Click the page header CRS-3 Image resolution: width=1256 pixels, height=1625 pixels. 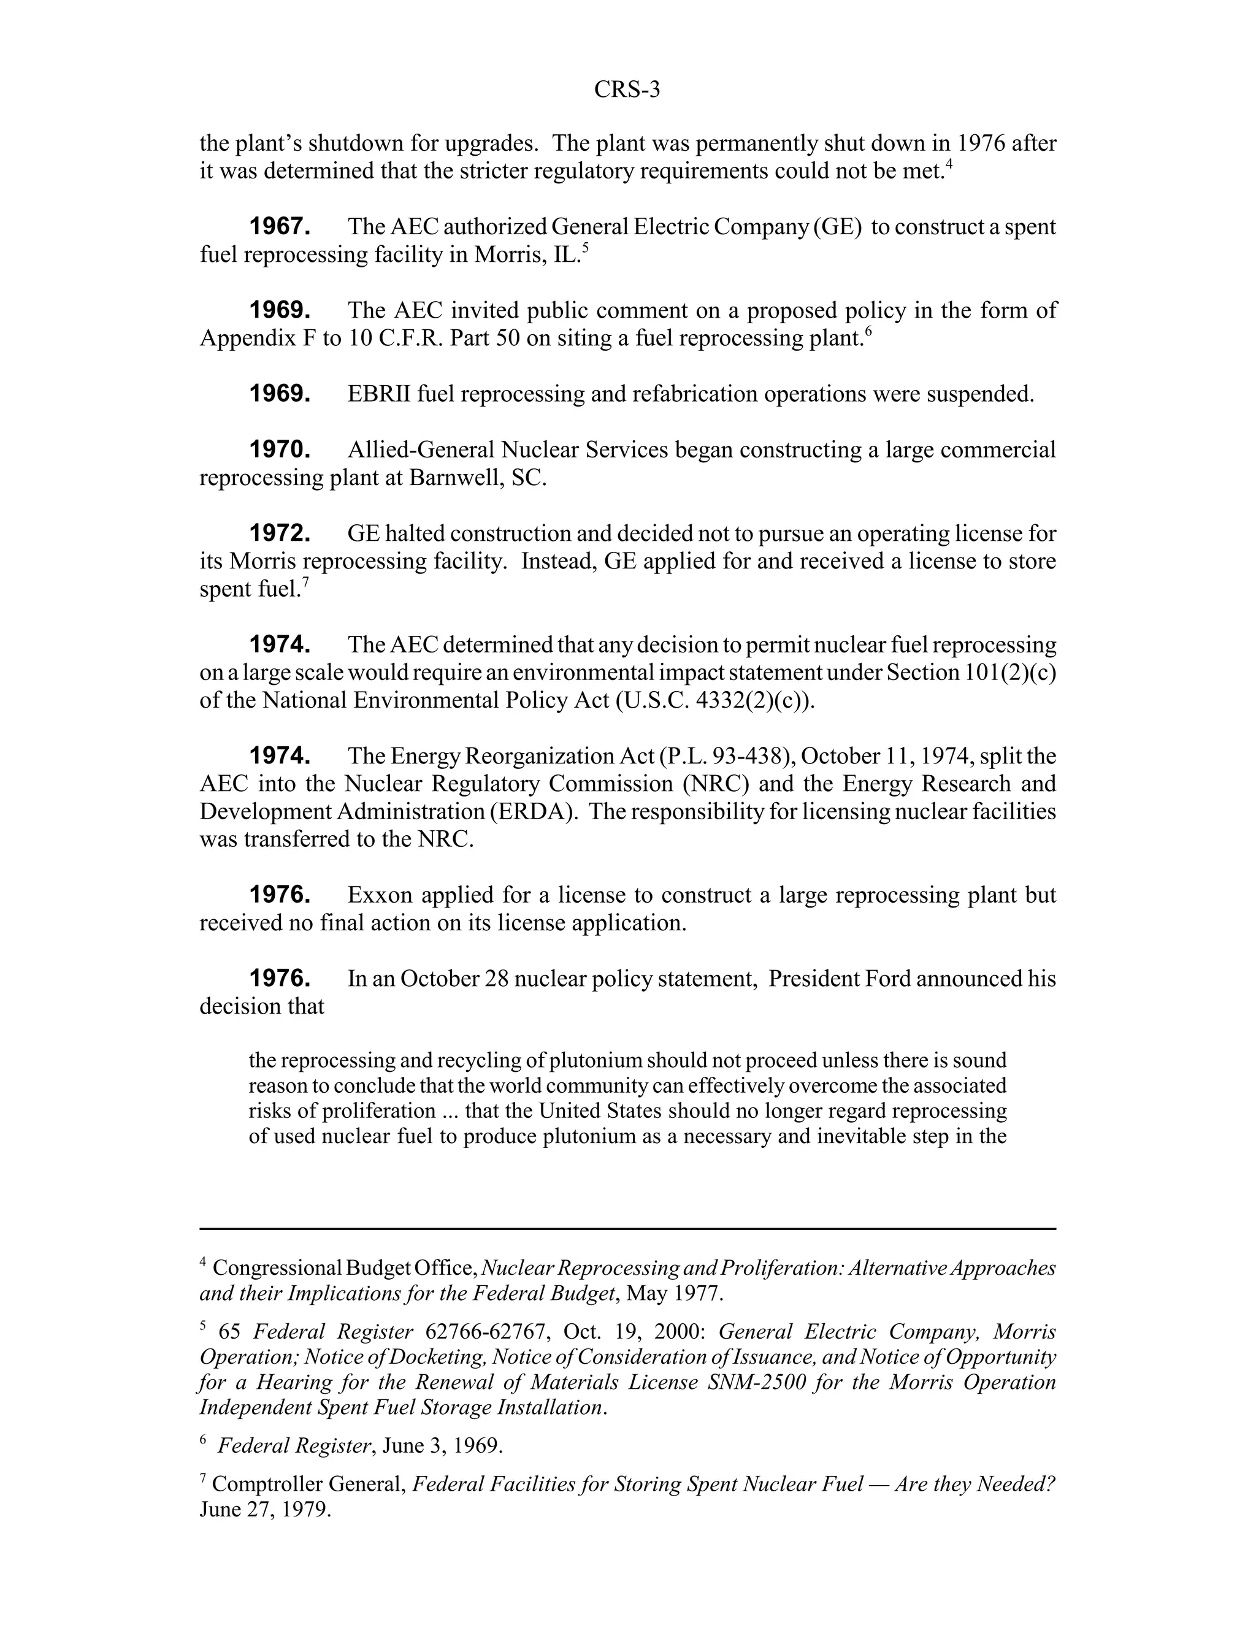coord(627,90)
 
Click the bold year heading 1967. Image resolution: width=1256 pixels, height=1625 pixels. coord(279,226)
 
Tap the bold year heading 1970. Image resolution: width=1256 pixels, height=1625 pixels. coord(279,449)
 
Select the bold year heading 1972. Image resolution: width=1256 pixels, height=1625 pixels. coord(279,533)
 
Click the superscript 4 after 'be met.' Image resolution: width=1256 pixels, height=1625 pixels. coord(949,165)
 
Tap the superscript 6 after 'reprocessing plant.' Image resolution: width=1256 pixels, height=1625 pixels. coord(868,332)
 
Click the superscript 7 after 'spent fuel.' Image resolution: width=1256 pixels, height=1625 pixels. coord(305,583)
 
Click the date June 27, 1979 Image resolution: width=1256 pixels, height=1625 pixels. coord(265,1510)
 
